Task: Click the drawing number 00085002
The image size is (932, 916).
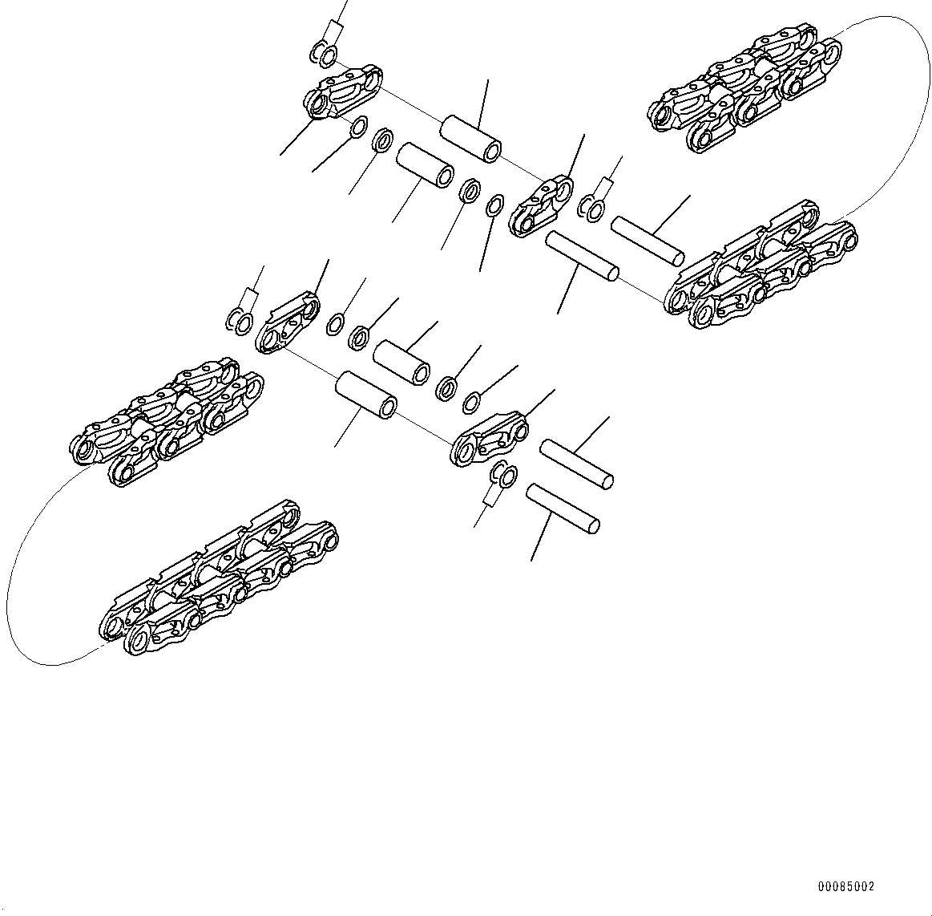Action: pyautogui.click(x=845, y=887)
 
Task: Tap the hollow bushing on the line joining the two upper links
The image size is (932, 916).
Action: pyautogui.click(x=471, y=137)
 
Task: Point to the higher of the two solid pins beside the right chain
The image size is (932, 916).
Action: pyautogui.click(x=648, y=239)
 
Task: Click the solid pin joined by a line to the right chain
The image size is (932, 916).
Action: pyautogui.click(x=582, y=256)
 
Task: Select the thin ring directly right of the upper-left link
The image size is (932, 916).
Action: pyautogui.click(x=360, y=127)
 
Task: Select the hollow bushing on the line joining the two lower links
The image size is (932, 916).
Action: pyautogui.click(x=365, y=394)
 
